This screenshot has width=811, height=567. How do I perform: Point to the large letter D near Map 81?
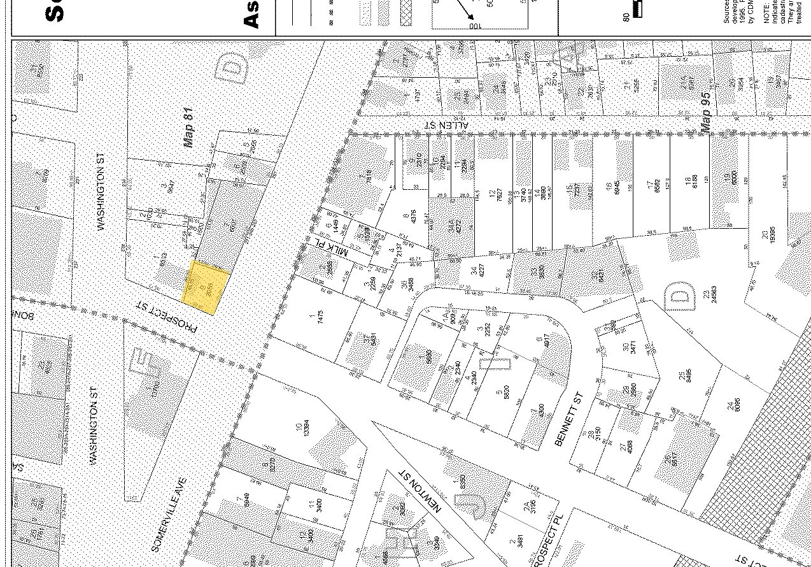tap(234, 68)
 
